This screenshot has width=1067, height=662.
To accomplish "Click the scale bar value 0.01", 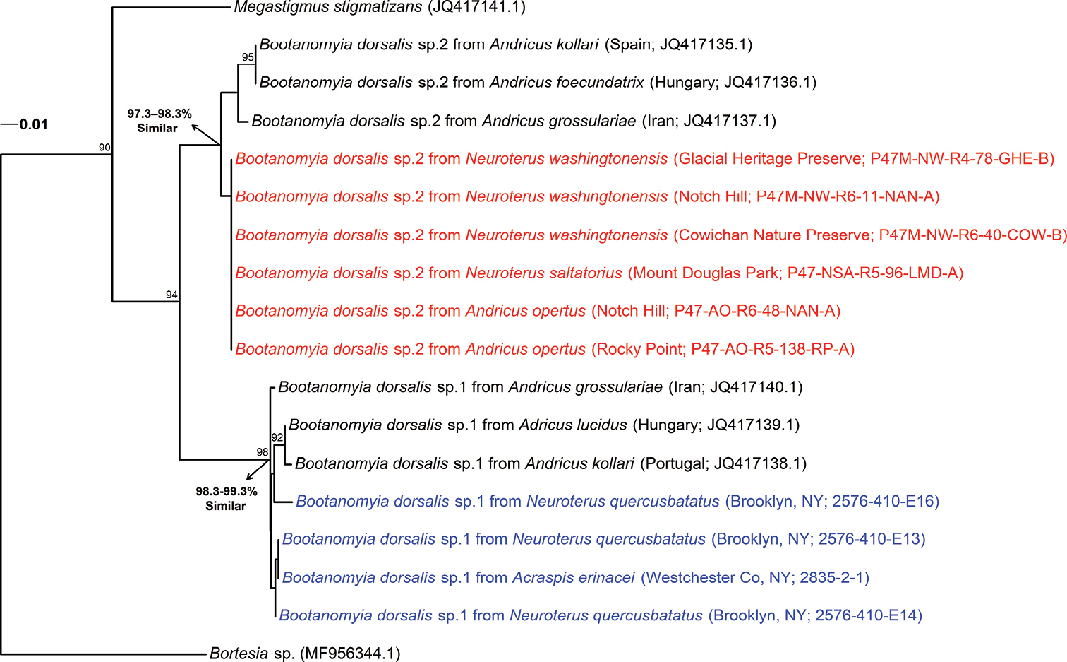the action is [33, 125].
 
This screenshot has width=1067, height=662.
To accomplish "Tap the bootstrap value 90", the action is [104, 148].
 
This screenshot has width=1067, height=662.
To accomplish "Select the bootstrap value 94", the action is [171, 295].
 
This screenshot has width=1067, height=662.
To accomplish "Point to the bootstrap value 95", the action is [248, 57].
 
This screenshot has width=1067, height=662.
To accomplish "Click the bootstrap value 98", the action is [263, 452].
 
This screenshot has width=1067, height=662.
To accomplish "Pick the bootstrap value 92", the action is [277, 438].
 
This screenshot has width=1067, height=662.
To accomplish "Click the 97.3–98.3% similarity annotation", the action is [159, 121].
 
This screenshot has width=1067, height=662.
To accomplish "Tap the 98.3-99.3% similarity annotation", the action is [227, 498].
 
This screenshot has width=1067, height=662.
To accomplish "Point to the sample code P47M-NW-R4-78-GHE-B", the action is [962, 159].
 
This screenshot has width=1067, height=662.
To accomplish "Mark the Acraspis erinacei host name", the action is [574, 578].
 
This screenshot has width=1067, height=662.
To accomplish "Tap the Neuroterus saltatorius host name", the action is [544, 273].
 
